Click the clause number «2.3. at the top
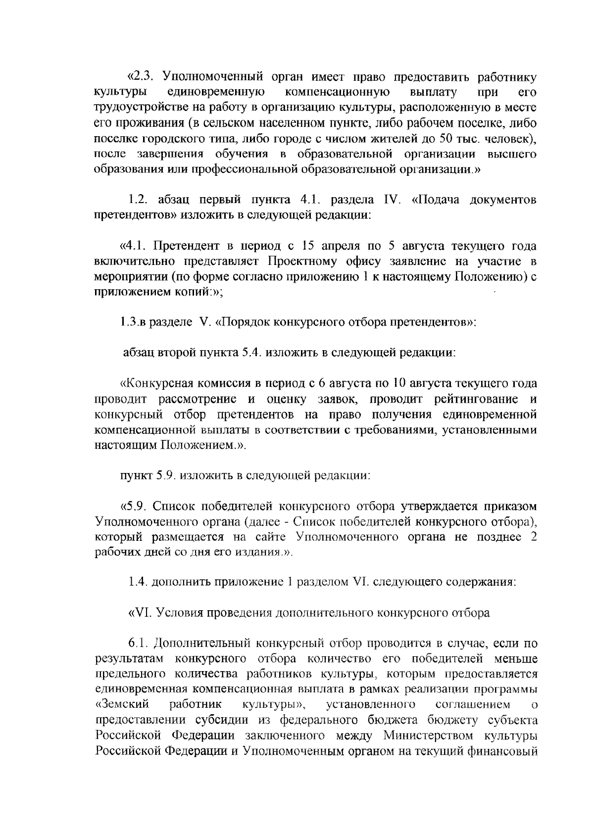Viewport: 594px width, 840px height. point(141,78)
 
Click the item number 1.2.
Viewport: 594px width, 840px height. point(140,200)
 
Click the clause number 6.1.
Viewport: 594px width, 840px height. point(140,643)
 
